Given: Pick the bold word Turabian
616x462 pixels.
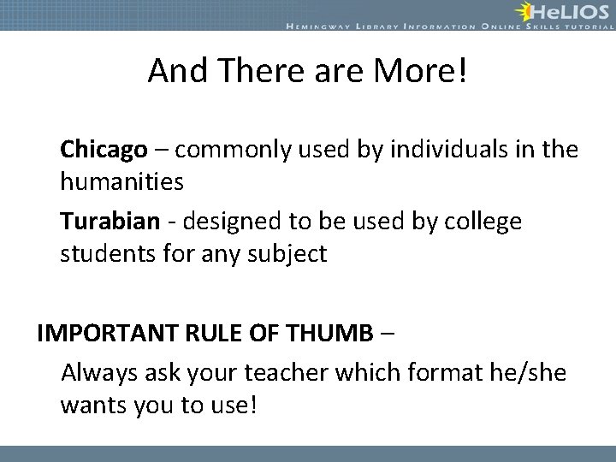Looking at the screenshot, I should coord(110,221).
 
